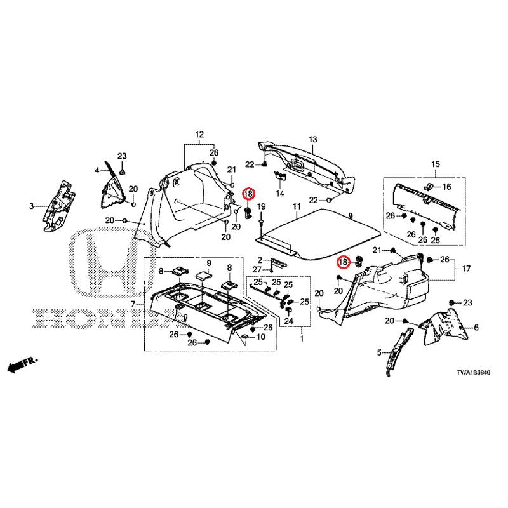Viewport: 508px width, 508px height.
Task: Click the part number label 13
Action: coord(312,140)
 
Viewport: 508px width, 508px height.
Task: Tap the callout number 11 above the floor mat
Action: coord(297,206)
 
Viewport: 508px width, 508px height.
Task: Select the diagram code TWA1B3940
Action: coord(473,373)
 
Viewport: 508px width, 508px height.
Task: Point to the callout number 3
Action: coord(31,206)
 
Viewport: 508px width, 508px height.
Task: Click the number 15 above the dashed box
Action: coord(436,164)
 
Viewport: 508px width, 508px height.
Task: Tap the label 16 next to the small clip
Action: coord(446,187)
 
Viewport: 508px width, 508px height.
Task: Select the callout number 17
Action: coord(466,269)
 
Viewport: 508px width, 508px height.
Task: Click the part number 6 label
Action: coord(476,328)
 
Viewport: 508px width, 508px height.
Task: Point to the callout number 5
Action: coord(379,352)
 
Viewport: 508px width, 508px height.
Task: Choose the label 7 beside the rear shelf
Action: coord(133,304)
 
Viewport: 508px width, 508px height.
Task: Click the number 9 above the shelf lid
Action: coord(209,263)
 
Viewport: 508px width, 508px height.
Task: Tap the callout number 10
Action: coord(261,337)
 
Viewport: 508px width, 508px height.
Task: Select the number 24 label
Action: coord(289,321)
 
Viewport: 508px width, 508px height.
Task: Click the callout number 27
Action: coord(257,269)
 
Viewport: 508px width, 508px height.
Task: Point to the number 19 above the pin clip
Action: coord(261,207)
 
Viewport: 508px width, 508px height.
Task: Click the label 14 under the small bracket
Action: coord(280,194)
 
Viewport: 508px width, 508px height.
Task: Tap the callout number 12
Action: coord(199,134)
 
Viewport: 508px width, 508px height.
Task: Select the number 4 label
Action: coord(97,170)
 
